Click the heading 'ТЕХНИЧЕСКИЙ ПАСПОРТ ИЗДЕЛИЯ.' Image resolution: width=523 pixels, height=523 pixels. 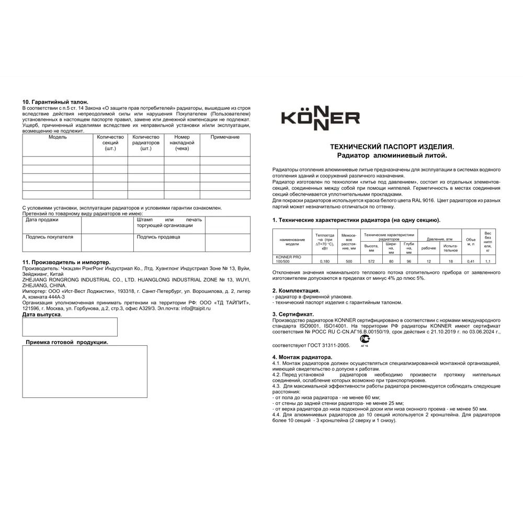point(389,148)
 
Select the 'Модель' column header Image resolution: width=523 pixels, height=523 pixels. point(58,137)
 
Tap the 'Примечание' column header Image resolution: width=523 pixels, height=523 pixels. point(225,137)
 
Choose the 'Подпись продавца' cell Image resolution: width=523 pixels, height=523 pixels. point(158,237)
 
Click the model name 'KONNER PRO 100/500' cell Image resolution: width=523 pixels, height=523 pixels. point(291,258)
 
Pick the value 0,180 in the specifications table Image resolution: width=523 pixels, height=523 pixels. point(325,260)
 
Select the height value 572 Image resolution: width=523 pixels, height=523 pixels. point(371,260)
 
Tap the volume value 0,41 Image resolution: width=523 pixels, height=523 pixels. point(471,260)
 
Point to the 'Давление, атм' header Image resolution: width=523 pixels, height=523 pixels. point(439,238)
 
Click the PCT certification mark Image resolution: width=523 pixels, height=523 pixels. point(365,340)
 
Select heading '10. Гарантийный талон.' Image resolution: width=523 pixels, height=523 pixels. point(55,101)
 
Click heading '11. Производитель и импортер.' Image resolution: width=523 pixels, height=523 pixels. point(66,261)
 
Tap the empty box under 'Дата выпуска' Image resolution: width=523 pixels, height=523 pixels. point(70,327)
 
